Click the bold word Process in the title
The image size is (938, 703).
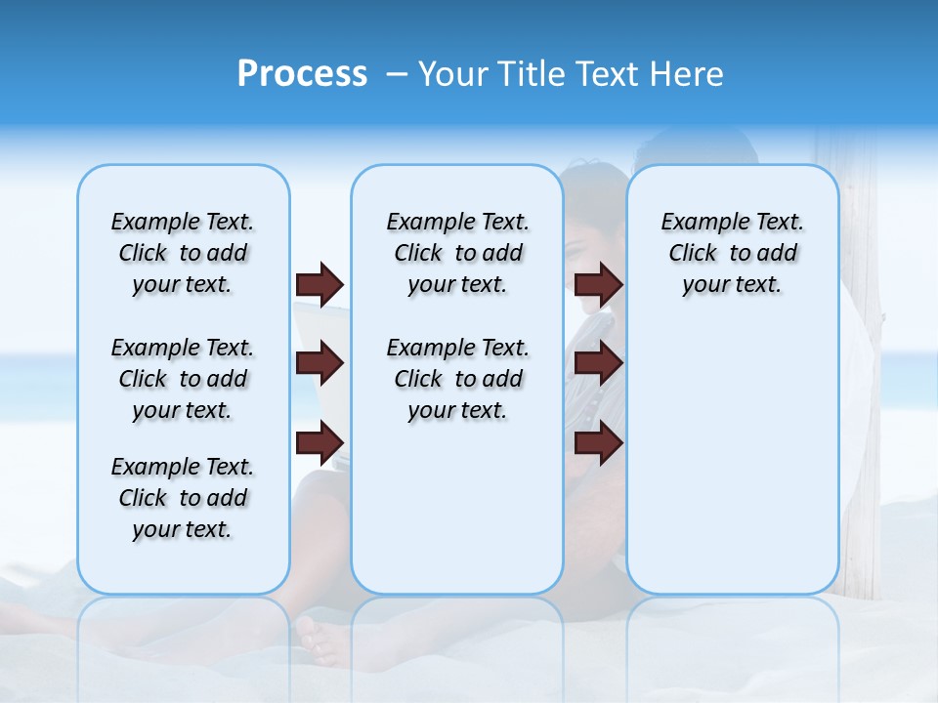coord(302,74)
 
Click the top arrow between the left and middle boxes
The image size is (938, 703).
coord(320,285)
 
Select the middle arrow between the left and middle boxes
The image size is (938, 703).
coord(320,364)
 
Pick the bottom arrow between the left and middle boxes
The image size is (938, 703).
coord(320,443)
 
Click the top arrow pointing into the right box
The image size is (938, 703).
coord(598,285)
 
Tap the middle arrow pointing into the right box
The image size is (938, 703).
coord(598,364)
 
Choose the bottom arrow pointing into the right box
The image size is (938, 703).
coord(598,443)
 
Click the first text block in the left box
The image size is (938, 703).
coord(183,253)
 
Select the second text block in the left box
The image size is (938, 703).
coord(183,379)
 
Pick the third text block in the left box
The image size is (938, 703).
coord(183,498)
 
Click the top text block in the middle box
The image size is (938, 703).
coord(457,253)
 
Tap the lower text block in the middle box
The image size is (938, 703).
coord(457,379)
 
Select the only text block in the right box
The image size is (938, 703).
coord(732,253)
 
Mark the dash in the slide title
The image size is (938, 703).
coord(396,75)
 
